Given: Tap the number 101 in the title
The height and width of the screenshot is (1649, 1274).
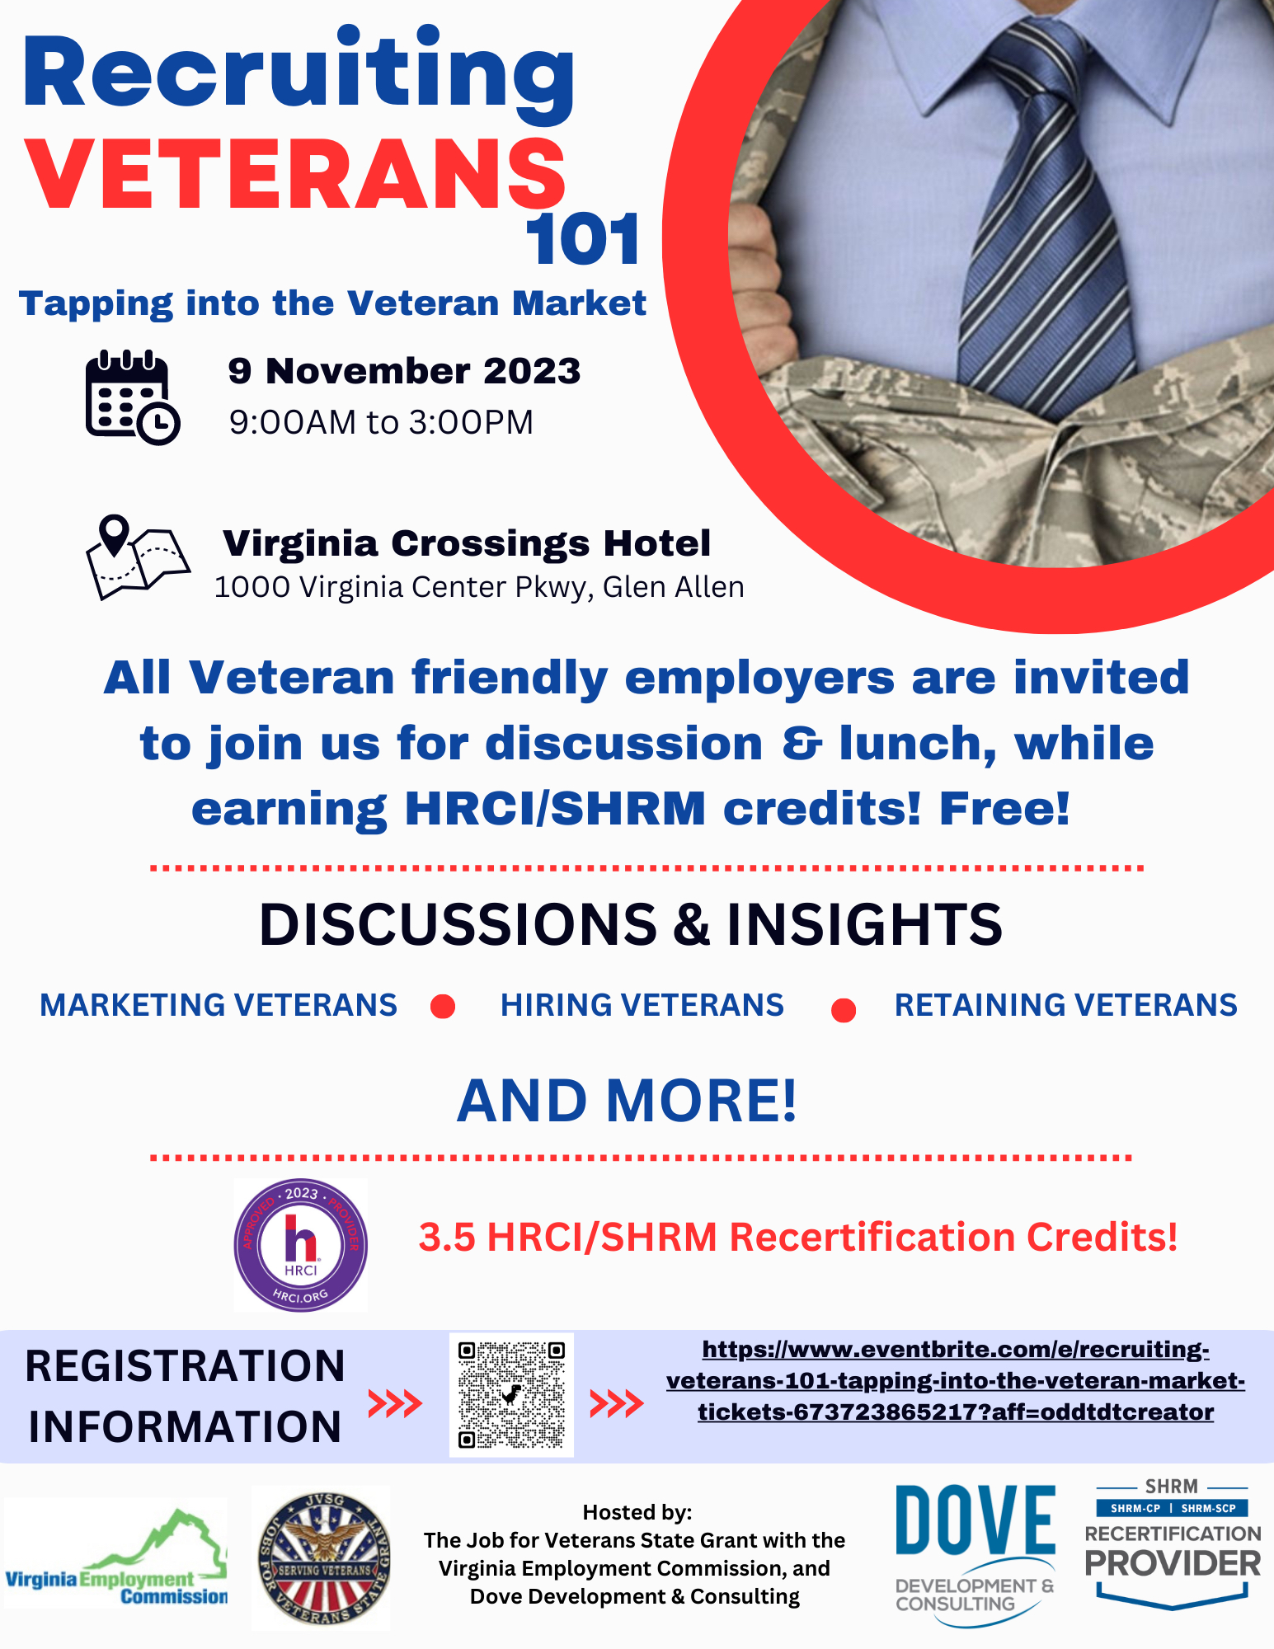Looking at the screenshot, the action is tap(584, 239).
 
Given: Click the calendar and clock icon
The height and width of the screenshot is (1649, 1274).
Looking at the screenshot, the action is tap(132, 397).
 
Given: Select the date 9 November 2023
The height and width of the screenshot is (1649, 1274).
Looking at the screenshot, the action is tap(404, 371).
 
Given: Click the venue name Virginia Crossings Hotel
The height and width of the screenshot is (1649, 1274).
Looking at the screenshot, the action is tap(467, 543).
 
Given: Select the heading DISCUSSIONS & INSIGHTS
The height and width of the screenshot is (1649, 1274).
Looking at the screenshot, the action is tap(631, 923).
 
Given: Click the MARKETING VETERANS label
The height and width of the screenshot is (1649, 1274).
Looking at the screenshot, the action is tap(219, 1005).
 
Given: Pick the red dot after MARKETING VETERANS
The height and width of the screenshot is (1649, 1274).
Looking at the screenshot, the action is tap(443, 1007).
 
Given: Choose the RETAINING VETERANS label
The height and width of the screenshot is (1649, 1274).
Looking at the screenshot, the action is tap(1066, 1005).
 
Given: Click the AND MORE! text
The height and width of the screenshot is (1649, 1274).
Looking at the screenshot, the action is tap(628, 1101).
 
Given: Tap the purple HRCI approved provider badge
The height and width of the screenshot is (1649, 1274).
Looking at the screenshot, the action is tap(301, 1245).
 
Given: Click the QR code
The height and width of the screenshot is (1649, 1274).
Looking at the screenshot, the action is tap(511, 1394).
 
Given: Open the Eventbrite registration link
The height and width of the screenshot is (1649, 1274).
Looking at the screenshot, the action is tap(956, 1380).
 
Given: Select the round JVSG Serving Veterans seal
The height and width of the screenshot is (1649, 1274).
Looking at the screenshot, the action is tap(321, 1558).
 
